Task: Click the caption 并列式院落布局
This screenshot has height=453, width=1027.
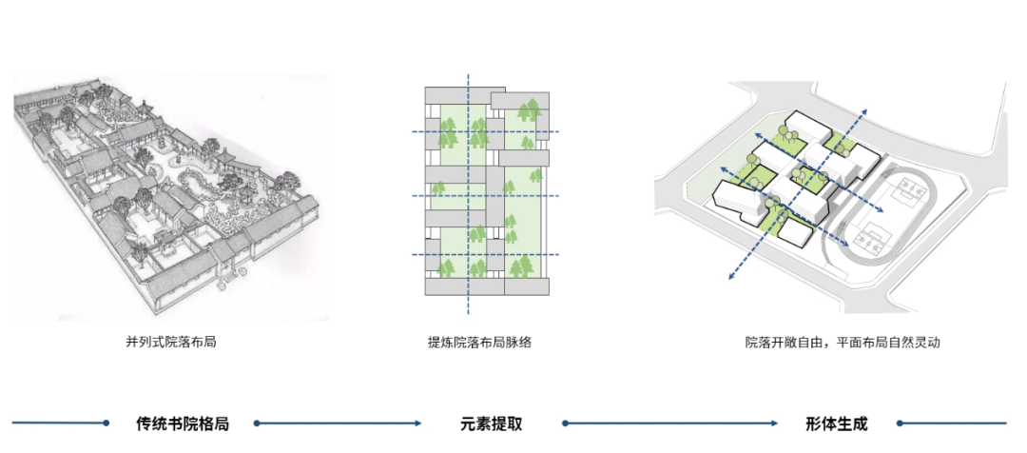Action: point(170,341)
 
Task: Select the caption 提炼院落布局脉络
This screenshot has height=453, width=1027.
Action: point(479,341)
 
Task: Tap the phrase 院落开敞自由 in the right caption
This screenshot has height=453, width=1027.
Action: point(785,341)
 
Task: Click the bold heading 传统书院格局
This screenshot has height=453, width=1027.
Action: point(183,423)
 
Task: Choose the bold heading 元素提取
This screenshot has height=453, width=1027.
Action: point(491,423)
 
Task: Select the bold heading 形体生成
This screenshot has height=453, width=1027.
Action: point(836,423)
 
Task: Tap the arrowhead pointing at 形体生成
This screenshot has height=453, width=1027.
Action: point(775,423)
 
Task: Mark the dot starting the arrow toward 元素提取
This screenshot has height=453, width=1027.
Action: point(256,423)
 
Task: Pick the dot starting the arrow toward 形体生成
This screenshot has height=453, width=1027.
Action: point(565,423)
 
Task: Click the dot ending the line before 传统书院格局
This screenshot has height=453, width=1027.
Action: point(107,423)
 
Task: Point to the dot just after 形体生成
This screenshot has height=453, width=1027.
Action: point(900,423)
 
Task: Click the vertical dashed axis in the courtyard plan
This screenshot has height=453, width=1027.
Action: point(467,219)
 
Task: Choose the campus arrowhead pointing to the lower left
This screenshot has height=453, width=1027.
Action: point(730,277)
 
